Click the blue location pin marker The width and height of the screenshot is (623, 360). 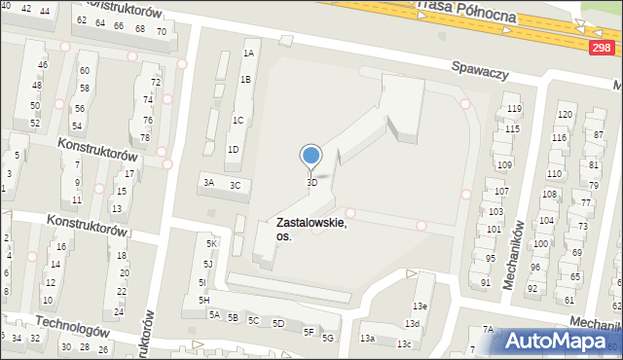[x=311, y=156]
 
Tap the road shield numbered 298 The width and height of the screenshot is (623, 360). [x=603, y=47]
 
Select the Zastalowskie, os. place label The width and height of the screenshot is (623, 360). [x=311, y=229]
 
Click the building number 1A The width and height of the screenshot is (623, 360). [x=249, y=54]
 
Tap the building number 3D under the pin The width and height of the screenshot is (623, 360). [x=311, y=182]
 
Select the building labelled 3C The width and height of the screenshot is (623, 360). [x=235, y=185]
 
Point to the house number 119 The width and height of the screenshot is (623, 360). [x=514, y=108]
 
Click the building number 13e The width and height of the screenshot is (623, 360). [x=421, y=306]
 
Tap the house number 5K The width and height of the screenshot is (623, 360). [x=211, y=243]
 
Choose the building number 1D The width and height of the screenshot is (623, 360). [x=233, y=149]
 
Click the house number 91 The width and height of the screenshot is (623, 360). [x=485, y=282]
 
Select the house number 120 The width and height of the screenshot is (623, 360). [x=564, y=115]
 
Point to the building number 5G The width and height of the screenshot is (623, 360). [x=328, y=338]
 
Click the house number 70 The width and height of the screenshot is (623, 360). [x=161, y=32]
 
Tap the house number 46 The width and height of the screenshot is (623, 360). [x=42, y=65]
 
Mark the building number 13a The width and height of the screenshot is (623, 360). [x=367, y=339]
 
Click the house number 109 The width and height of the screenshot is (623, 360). [x=504, y=165]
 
